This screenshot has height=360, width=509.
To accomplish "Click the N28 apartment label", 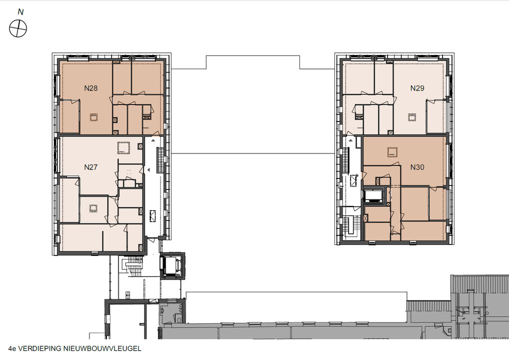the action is (91, 88).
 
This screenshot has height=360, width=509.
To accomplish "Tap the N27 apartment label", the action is (91, 167).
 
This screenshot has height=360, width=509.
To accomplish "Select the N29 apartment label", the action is (417, 88).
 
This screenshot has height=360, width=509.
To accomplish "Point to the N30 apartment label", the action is (417, 167).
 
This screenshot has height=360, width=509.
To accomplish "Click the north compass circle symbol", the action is (18, 28).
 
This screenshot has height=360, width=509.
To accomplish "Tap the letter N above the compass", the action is (20, 12).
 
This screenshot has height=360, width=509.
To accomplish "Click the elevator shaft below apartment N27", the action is (172, 266).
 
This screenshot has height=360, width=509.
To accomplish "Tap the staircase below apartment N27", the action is (133, 266).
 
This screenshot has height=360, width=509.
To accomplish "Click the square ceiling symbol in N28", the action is (94, 117).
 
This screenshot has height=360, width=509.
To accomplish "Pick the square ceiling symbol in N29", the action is (412, 117).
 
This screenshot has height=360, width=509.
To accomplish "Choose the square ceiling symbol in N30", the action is (392, 151).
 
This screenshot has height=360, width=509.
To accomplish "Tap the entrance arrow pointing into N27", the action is (148, 170).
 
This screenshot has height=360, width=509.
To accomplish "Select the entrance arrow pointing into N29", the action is (351, 140).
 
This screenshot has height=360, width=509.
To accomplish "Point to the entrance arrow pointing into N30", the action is (357, 175).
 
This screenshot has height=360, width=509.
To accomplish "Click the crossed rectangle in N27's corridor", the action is (152, 216).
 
